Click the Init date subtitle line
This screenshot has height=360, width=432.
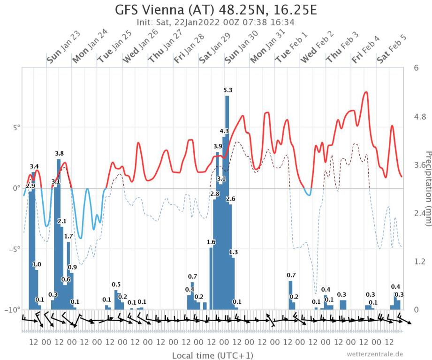(216, 22)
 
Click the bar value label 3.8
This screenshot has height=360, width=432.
(60, 153)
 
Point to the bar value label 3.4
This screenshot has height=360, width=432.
(34, 166)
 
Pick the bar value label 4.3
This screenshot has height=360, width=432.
(224, 131)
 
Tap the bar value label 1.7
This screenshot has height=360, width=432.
(68, 236)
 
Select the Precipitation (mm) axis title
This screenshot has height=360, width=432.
(427, 187)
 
